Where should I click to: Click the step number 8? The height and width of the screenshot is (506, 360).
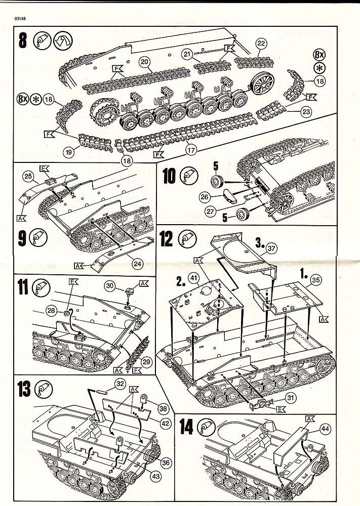click(22, 41)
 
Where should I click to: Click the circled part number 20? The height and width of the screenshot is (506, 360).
click(145, 62)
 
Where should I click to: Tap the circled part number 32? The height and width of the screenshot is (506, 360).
click(120, 384)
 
